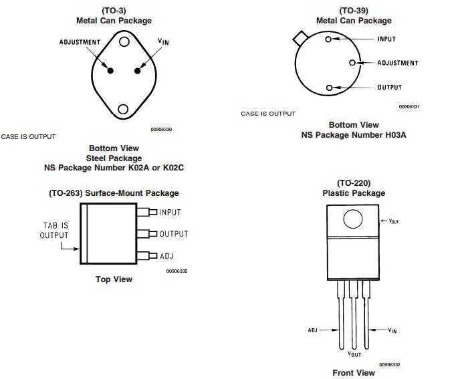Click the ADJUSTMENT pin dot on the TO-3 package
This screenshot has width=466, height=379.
click(111, 70)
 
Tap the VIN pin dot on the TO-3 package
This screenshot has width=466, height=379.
click(137, 70)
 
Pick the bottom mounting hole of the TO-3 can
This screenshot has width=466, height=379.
click(124, 109)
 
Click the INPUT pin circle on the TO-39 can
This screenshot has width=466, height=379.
click(328, 39)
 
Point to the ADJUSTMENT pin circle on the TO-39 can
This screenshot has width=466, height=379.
click(352, 63)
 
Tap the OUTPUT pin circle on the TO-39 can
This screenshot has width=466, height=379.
click(328, 88)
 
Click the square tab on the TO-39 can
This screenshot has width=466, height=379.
click(299, 37)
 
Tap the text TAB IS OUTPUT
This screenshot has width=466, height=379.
click(54, 230)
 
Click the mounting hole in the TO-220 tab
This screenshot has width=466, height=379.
click(352, 219)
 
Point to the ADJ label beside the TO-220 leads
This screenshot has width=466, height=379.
click(312, 330)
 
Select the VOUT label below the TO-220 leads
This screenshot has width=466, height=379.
click(354, 354)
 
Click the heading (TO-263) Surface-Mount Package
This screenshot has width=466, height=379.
click(114, 193)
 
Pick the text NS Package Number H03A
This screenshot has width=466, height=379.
click(354, 135)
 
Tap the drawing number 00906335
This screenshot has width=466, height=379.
click(177, 271)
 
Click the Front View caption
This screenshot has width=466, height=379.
click(354, 372)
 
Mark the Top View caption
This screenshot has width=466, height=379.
click(114, 279)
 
